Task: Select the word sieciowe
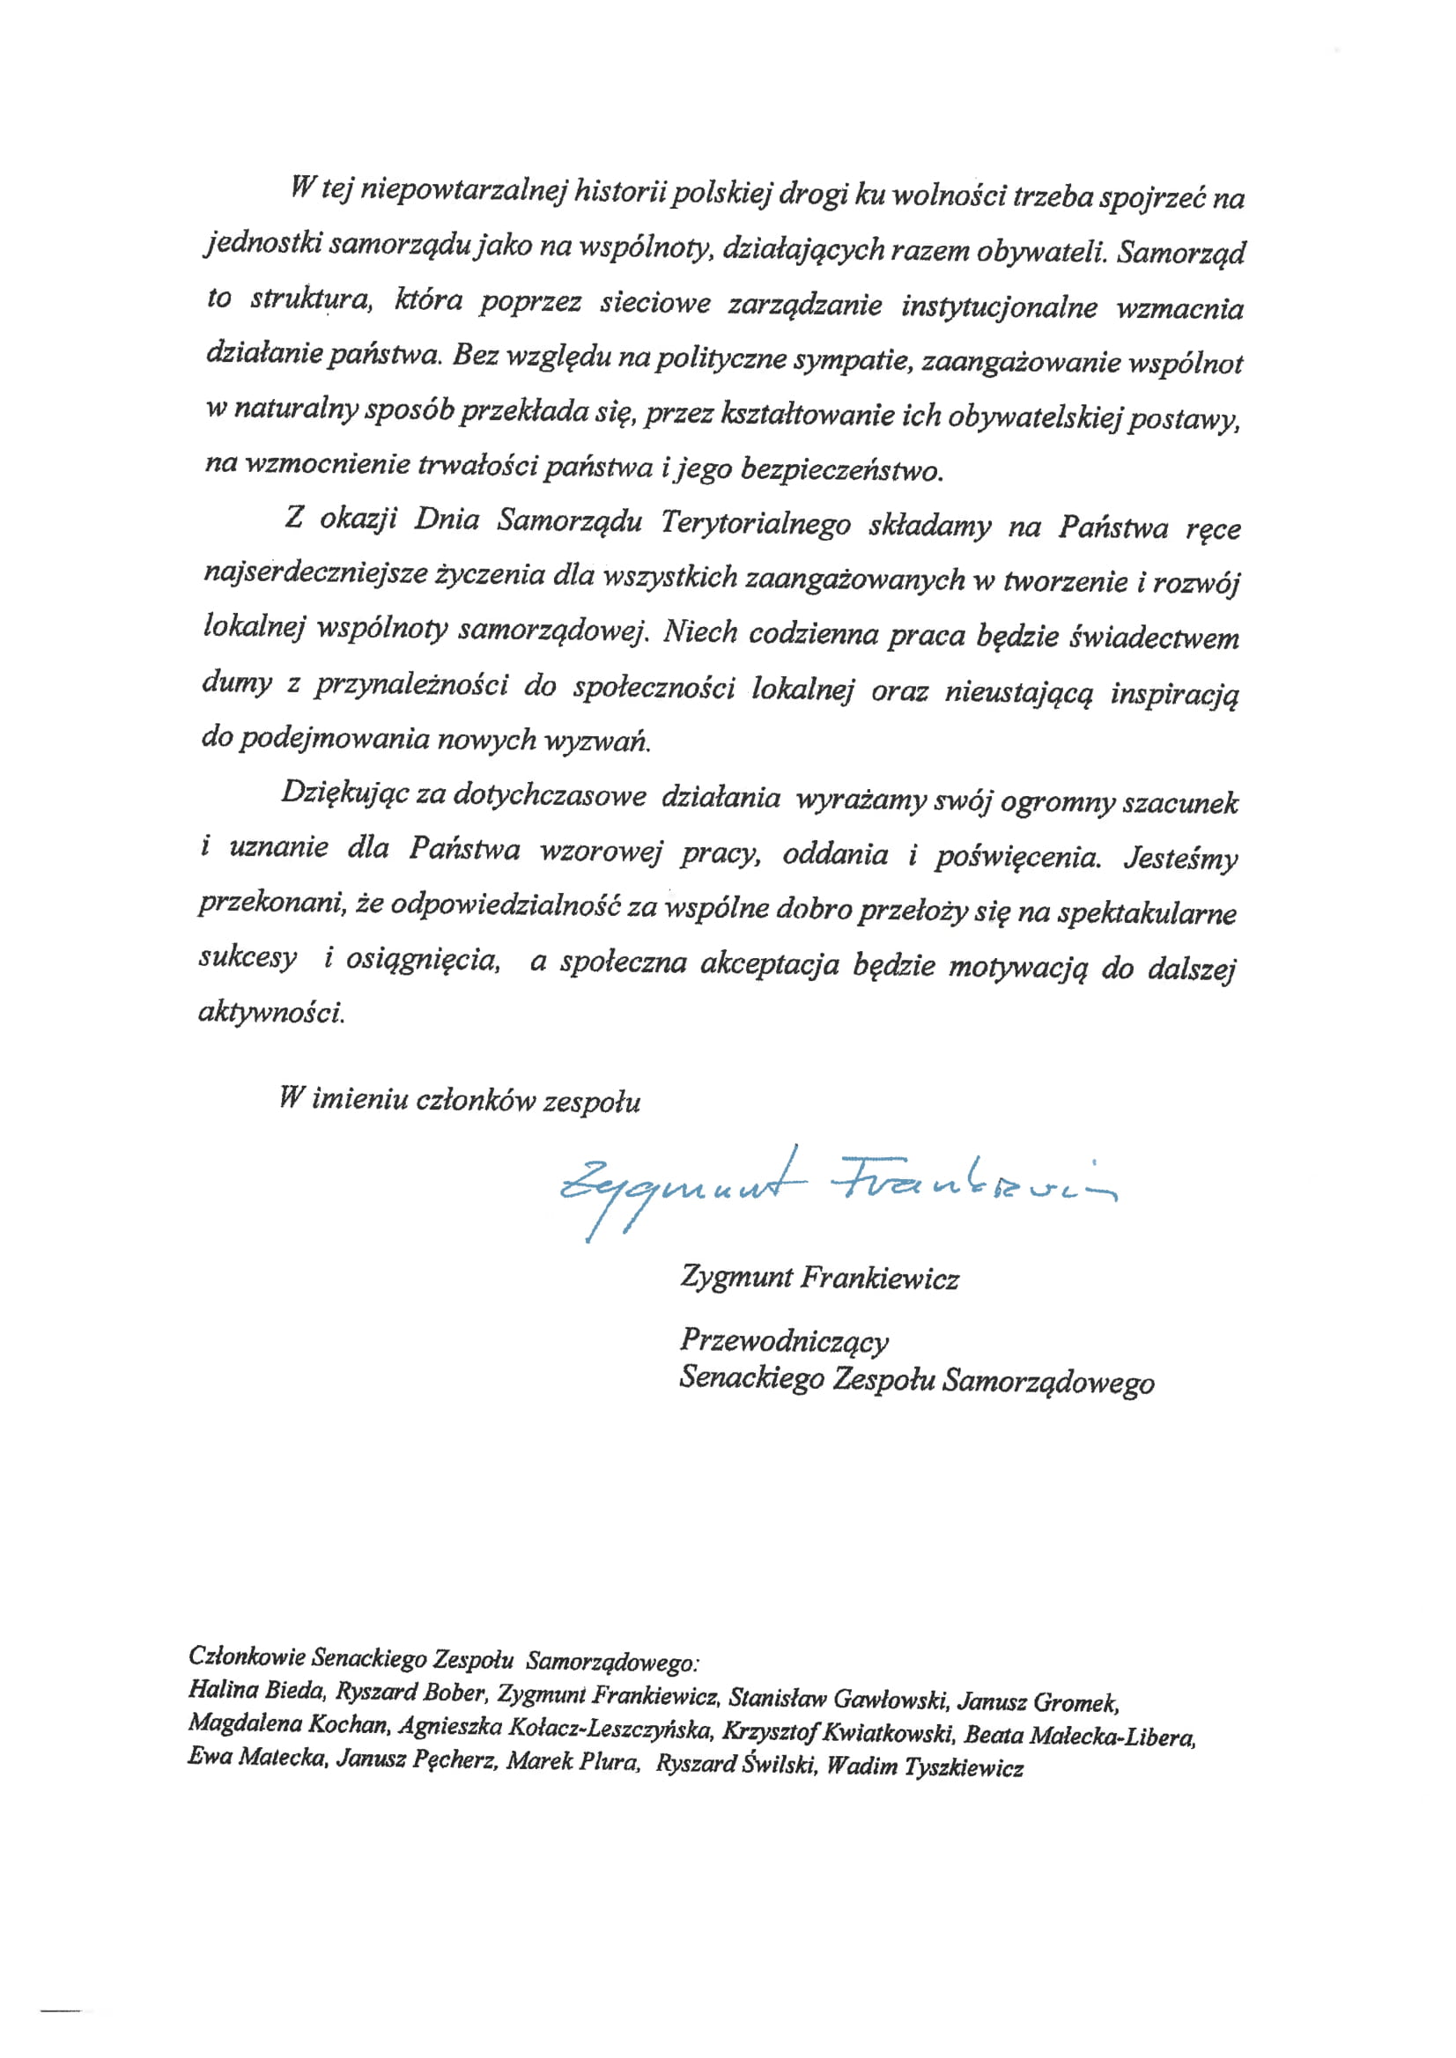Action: point(654,303)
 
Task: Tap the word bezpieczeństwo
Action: point(841,469)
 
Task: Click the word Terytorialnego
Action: point(755,522)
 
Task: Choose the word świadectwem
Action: point(1155,638)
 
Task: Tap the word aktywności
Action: point(270,1013)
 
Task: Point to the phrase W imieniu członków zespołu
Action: point(459,1100)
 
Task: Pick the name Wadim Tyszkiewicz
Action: point(924,1766)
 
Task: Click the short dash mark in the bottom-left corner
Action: point(60,2010)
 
